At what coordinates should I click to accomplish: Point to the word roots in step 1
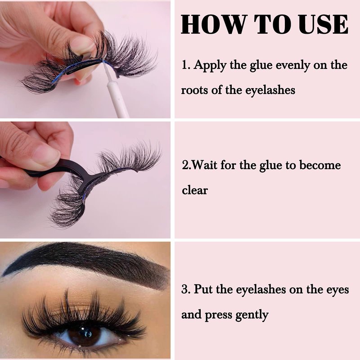click(194, 90)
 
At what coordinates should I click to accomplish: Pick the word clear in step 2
click(195, 190)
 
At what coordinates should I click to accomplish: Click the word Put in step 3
click(203, 289)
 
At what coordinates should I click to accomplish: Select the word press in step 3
click(218, 315)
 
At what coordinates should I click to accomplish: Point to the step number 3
click(185, 289)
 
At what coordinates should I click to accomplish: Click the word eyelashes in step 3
click(261, 290)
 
